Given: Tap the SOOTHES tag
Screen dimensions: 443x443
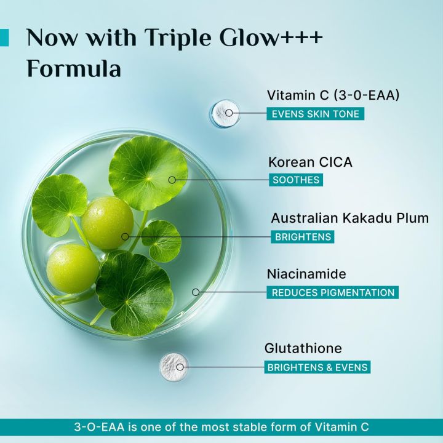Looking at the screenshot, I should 295,180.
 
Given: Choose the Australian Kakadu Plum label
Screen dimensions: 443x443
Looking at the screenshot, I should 349,218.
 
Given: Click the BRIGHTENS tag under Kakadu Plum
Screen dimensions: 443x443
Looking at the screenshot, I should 302,237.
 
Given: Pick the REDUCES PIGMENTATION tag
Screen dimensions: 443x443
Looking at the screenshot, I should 332,293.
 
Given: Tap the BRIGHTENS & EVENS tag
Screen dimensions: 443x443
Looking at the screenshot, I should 317,367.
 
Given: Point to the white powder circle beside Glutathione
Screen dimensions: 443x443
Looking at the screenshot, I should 174,367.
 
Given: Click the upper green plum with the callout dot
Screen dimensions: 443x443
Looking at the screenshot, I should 107,223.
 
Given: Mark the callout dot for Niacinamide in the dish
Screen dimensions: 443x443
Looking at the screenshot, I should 196,292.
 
